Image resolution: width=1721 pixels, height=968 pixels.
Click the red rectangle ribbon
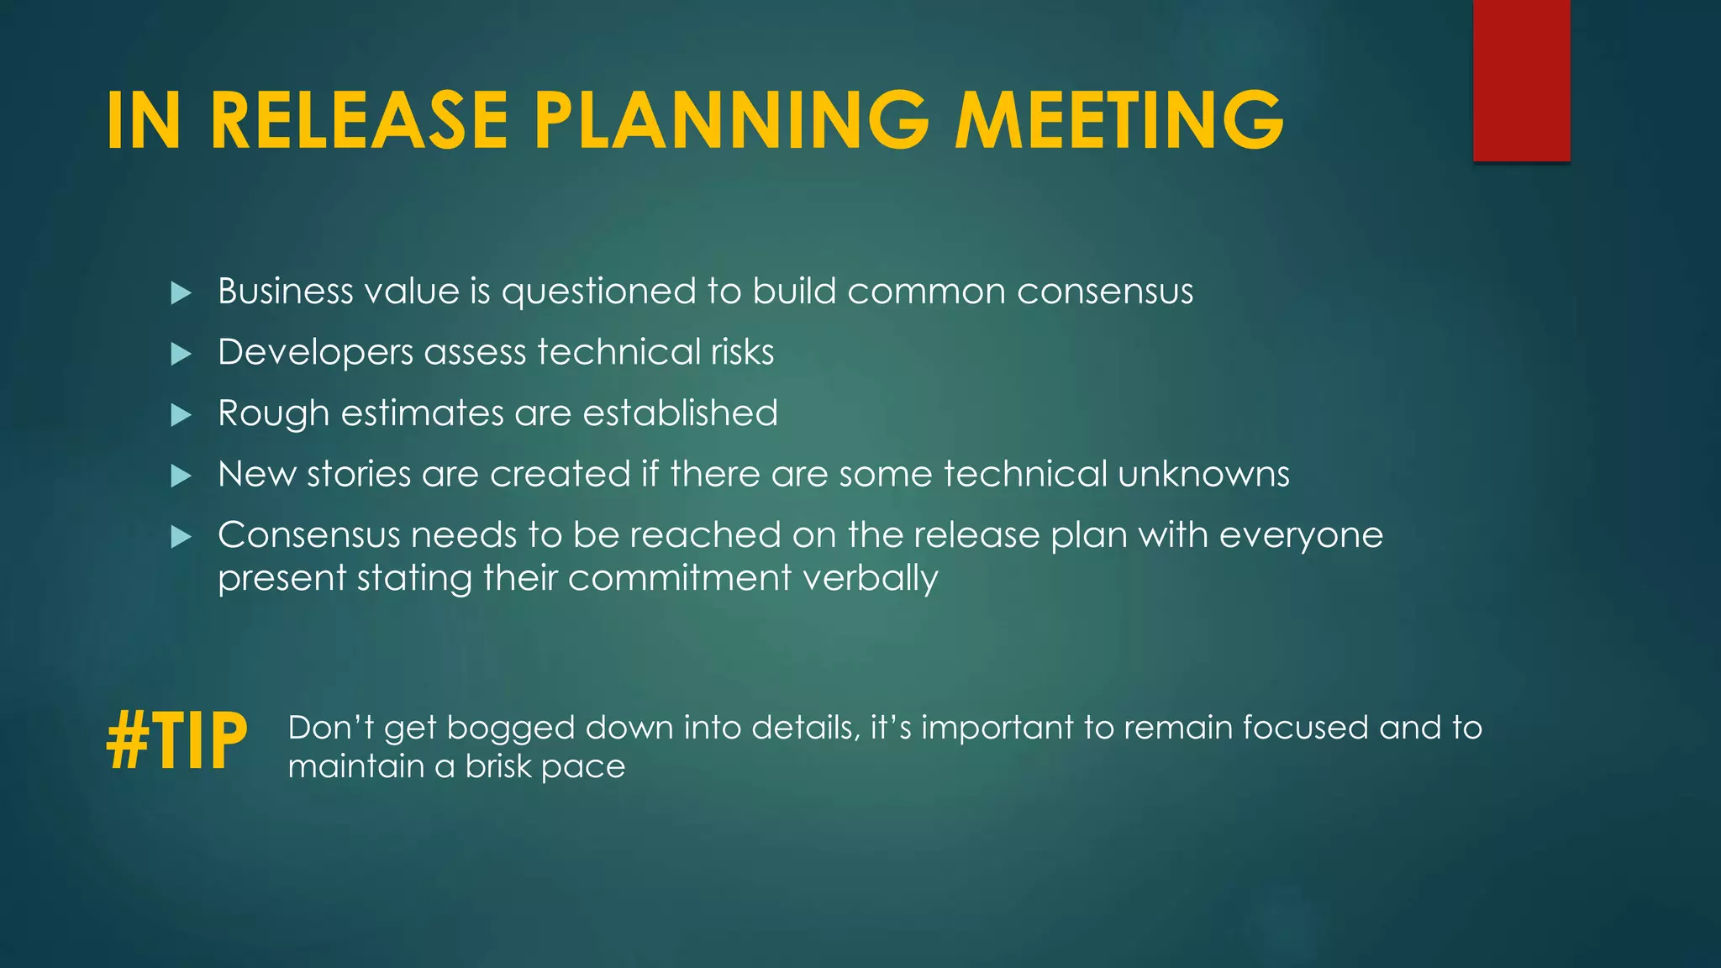tap(1521, 80)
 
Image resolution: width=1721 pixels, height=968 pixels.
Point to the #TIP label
tap(177, 740)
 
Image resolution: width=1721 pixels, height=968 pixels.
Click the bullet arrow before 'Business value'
tap(181, 293)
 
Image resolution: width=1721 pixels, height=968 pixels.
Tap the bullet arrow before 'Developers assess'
tap(181, 354)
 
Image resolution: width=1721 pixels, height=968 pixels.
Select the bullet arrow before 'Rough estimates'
tap(181, 415)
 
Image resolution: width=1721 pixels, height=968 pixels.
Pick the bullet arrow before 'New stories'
tap(181, 476)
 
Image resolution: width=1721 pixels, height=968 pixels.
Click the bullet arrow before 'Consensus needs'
tap(181, 537)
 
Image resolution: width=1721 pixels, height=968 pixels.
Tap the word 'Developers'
tap(315, 353)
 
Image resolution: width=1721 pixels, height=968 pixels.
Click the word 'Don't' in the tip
tap(330, 728)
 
